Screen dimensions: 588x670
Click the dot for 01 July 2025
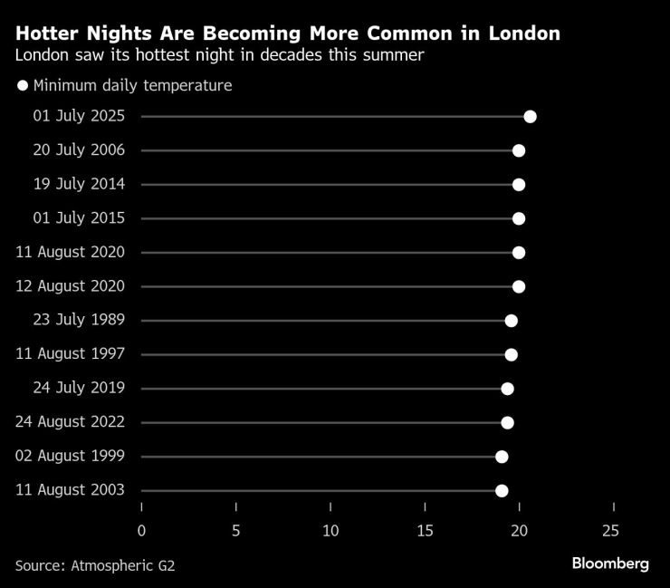point(530,117)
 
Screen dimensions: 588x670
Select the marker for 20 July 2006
point(519,150)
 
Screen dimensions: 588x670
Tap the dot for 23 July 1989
point(511,321)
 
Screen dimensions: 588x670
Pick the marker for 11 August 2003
point(502,491)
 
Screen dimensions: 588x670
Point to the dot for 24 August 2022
point(507,423)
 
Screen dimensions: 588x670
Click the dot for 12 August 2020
point(519,286)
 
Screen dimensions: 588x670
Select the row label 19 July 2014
point(79,185)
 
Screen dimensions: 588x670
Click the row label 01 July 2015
point(79,218)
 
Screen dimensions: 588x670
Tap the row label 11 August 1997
point(71,354)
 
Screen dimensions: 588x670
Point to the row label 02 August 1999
point(71,457)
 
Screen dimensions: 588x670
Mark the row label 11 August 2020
point(71,253)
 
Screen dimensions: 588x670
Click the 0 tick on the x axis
point(141,530)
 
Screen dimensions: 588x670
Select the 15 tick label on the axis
point(425,530)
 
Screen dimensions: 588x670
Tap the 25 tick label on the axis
point(613,530)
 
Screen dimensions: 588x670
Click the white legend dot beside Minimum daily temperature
point(23,86)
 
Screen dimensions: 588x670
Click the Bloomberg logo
point(610,564)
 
